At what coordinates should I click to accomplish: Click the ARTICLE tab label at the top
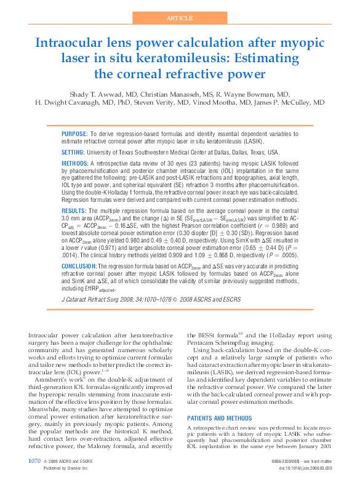coord(180,18)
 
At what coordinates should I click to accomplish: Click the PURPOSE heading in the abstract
coord(74,134)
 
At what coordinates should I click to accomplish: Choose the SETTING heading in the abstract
coord(73,151)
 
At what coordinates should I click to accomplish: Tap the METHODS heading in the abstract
coord(76,163)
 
